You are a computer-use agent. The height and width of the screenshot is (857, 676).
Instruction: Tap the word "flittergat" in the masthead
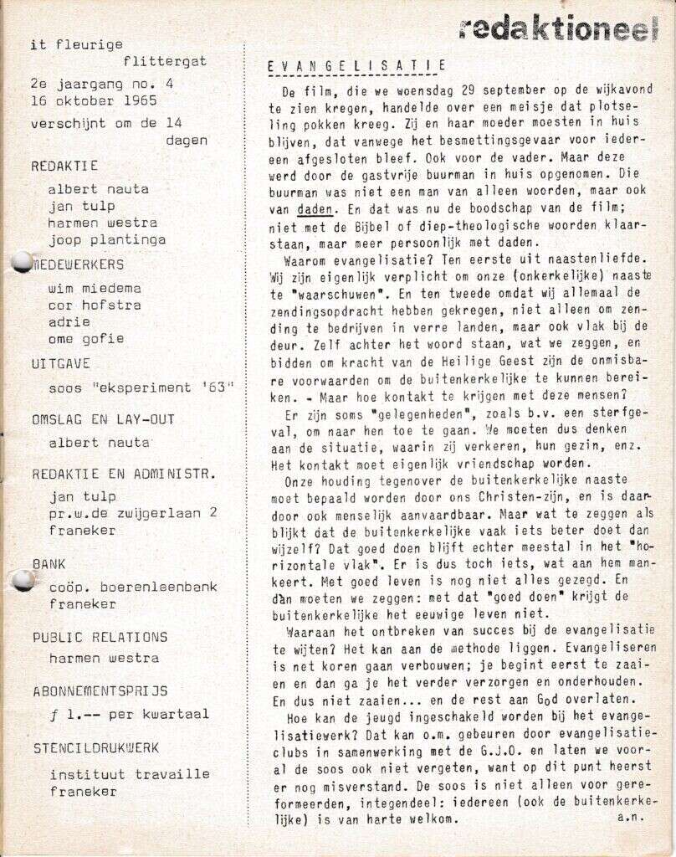pyautogui.click(x=164, y=61)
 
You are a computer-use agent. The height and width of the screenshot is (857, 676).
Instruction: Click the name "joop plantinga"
pyautogui.click(x=107, y=239)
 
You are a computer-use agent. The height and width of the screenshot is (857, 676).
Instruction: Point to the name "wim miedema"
pyautogui.click(x=95, y=288)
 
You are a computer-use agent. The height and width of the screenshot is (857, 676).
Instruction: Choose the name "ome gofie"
pyautogui.click(x=86, y=338)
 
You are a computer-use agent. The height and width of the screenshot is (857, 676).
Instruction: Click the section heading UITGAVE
pyautogui.click(x=60, y=363)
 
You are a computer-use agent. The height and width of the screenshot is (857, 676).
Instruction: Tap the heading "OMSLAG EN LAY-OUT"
pyautogui.click(x=103, y=418)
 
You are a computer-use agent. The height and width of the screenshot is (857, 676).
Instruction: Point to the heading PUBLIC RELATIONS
pyautogui.click(x=100, y=637)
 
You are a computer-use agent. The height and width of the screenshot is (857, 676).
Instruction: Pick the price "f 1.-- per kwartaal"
pyautogui.click(x=130, y=714)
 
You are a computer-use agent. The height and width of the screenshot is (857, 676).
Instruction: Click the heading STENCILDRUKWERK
pyautogui.click(x=95, y=747)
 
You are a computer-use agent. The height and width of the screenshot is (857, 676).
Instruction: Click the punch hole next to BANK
pyautogui.click(x=23, y=580)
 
